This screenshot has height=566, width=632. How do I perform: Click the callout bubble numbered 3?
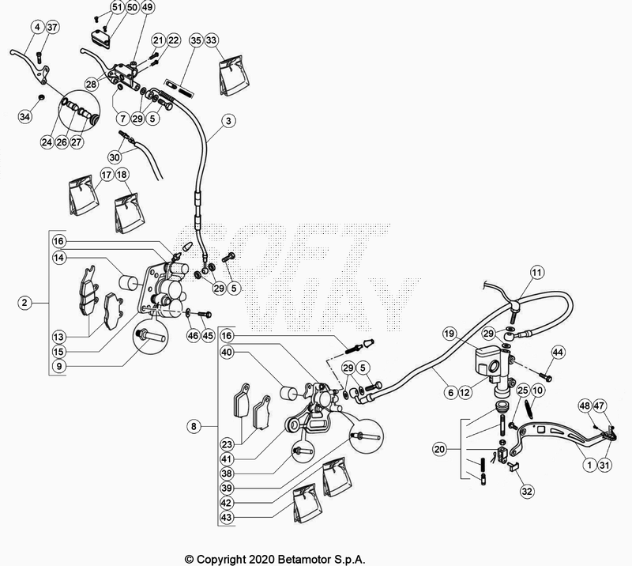click(x=228, y=121)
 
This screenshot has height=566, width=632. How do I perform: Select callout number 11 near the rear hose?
click(x=536, y=273)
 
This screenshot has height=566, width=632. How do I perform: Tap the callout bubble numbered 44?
click(x=558, y=353)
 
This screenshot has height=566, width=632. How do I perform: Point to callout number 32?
click(x=527, y=491)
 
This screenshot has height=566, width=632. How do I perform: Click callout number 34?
click(x=25, y=116)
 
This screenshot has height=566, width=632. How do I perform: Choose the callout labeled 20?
click(x=440, y=449)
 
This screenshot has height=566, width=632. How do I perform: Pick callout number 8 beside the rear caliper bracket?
click(x=194, y=426)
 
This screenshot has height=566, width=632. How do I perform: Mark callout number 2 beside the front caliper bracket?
click(x=25, y=302)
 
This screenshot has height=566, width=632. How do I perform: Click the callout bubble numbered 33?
click(x=211, y=40)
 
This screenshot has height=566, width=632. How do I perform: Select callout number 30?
click(x=115, y=157)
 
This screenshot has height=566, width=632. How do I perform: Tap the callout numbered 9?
click(x=59, y=366)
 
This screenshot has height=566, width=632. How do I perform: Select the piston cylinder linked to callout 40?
click(x=288, y=394)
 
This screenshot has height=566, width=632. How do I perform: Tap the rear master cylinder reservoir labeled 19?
click(x=489, y=362)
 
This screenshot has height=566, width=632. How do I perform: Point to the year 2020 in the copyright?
click(x=262, y=560)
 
